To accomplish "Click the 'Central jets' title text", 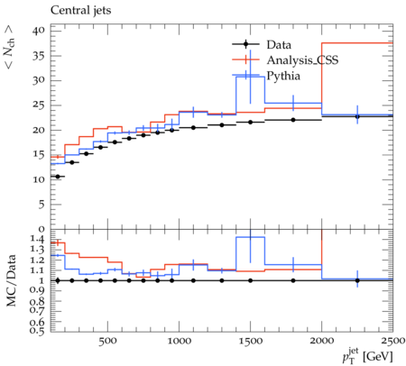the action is (80, 11).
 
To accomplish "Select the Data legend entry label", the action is (279, 45).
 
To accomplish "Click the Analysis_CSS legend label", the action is (302, 60).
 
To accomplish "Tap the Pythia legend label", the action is (283, 76).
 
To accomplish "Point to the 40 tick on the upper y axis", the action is (39, 31).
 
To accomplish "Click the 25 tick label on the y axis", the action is (39, 105).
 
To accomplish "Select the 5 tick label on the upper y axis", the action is (42, 205).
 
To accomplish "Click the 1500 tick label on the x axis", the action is (250, 341).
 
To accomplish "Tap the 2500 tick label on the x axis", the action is (392, 341).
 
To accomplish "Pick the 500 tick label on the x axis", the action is (107, 341).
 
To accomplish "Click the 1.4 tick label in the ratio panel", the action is (38, 239).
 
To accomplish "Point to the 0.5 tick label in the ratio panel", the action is (38, 331).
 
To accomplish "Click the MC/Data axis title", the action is (12, 280).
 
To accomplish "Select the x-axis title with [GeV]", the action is (367, 356).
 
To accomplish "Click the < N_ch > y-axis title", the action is (10, 46).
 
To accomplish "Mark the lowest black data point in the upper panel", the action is (58, 177).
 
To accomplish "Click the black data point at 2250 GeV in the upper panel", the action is (357, 116).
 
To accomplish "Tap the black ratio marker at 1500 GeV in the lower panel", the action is (250, 280).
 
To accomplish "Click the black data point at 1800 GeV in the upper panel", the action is (293, 120).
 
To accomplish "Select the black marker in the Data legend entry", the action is (245, 44).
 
